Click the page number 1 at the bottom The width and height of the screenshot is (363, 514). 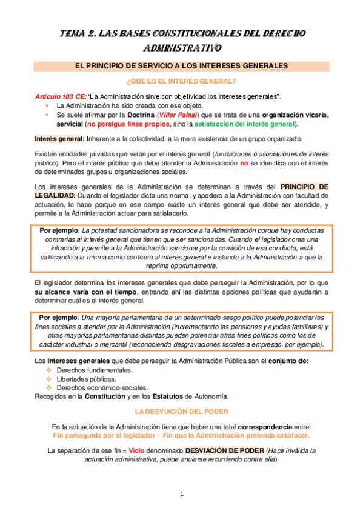pos(181,494)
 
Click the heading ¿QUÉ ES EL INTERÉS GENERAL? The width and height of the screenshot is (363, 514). pos(181,81)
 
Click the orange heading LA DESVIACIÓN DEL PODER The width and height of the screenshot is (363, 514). pos(181,410)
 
